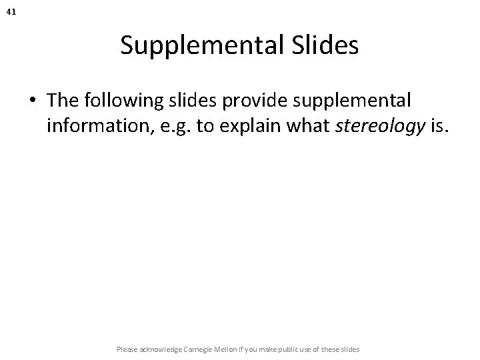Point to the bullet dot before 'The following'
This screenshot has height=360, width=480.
point(33,101)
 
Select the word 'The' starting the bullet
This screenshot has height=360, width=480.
point(62,100)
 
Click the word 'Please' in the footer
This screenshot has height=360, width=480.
point(126,349)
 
